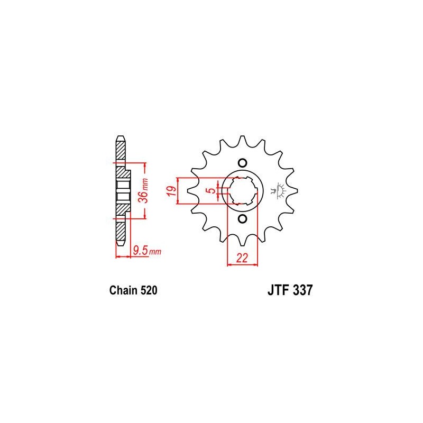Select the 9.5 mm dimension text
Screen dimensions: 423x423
(147, 251)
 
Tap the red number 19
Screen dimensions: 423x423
(172, 191)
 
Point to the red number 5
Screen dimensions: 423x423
(213, 190)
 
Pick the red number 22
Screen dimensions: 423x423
(242, 258)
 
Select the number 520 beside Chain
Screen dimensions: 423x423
(149, 290)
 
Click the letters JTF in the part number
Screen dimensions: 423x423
(279, 290)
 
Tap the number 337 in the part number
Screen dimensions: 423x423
(302, 290)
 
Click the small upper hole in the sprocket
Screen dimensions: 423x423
(242, 163)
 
